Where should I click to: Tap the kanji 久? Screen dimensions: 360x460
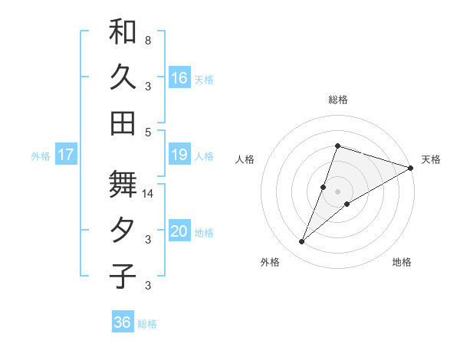(123, 77)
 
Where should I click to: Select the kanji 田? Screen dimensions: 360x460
(123, 123)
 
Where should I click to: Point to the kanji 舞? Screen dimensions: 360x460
(123, 184)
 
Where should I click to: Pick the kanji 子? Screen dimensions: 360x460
(123, 276)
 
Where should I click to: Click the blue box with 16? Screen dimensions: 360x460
(179, 77)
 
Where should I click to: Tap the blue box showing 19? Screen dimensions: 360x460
(179, 155)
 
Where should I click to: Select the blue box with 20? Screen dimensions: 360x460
(179, 232)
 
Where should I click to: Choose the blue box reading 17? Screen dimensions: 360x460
(66, 155)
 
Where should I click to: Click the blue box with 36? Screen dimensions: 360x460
(123, 322)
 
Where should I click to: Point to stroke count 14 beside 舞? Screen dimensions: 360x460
(148, 194)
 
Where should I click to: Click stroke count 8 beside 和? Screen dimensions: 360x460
(148, 40)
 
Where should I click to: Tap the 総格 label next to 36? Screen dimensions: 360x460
(147, 323)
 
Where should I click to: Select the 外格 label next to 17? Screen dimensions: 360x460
(41, 155)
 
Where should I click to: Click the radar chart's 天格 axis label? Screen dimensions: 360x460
(431, 159)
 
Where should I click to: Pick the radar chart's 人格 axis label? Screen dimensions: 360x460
(245, 159)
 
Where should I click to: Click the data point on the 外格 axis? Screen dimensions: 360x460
(302, 242)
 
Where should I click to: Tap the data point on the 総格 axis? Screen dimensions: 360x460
(337, 146)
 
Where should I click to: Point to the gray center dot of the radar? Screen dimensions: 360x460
(337, 191)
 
